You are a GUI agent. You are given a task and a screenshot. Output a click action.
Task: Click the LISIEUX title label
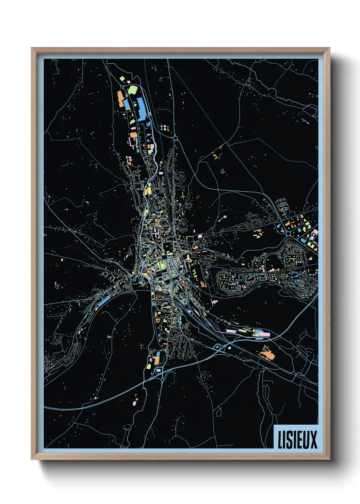coord(297,439)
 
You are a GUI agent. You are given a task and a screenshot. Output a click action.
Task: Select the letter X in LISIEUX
coord(313,440)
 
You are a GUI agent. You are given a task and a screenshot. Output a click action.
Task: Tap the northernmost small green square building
coord(122,79)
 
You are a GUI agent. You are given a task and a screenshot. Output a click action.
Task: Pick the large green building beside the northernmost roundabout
coord(132,90)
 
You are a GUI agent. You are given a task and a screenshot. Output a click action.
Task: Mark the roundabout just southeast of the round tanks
coord(176,138)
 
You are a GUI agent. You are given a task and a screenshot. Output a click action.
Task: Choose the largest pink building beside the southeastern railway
coord(231,331)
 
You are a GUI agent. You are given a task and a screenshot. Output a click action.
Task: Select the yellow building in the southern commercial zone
coord(149,366)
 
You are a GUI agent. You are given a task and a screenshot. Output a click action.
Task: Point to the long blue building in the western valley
coord(104,301)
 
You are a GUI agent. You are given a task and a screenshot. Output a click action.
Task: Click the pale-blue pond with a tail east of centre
coord(224,217)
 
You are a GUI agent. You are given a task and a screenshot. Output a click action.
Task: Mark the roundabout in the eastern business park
coord(288,233)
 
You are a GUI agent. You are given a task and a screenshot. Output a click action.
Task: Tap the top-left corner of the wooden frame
coord(32,48)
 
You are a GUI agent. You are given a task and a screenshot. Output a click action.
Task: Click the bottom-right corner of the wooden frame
coord(329,459)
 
